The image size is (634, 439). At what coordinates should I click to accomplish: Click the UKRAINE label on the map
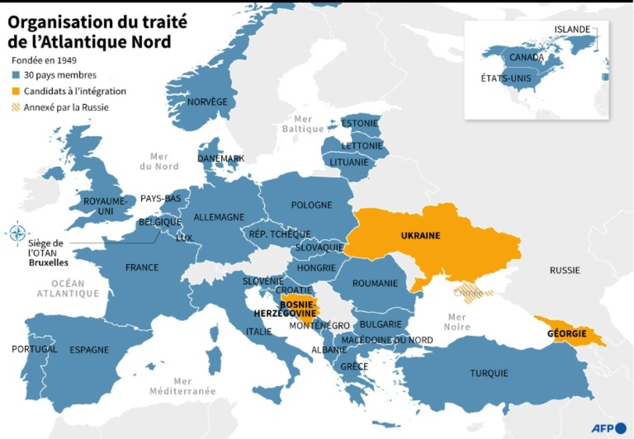pyautogui.click(x=420, y=236)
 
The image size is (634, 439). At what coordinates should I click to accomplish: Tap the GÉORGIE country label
pyautogui.click(x=567, y=333)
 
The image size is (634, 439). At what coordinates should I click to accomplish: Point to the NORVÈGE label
pyautogui.click(x=207, y=102)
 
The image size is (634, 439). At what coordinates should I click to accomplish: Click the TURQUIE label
pyautogui.click(x=489, y=373)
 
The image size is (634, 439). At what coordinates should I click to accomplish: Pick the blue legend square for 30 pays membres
pyautogui.click(x=16, y=76)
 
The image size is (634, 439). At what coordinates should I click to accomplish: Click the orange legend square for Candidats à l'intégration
pyautogui.click(x=16, y=92)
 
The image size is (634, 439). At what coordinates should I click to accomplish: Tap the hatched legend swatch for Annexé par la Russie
pyautogui.click(x=16, y=108)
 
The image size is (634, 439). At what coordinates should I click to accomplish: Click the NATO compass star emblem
pyautogui.click(x=18, y=233)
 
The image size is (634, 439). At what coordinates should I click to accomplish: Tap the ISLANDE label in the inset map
pyautogui.click(x=572, y=30)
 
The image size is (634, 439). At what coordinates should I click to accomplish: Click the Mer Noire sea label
pyautogui.click(x=457, y=321)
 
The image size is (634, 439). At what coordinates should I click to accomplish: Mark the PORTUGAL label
pyautogui.click(x=34, y=349)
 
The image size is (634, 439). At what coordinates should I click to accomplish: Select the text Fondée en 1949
pyautogui.click(x=44, y=61)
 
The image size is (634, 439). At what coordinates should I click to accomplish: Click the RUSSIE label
pyautogui.click(x=565, y=270)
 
